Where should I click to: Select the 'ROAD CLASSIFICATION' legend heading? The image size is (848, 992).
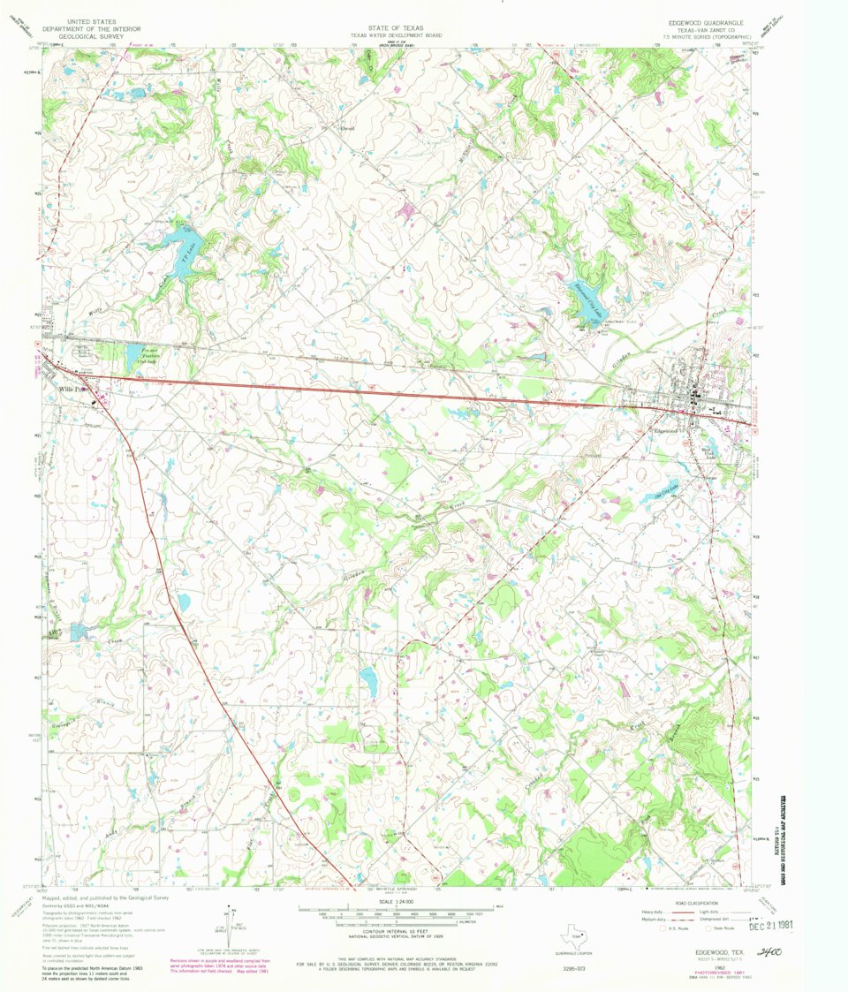point(693,901)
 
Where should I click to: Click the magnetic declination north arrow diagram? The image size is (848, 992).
point(230,922)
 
